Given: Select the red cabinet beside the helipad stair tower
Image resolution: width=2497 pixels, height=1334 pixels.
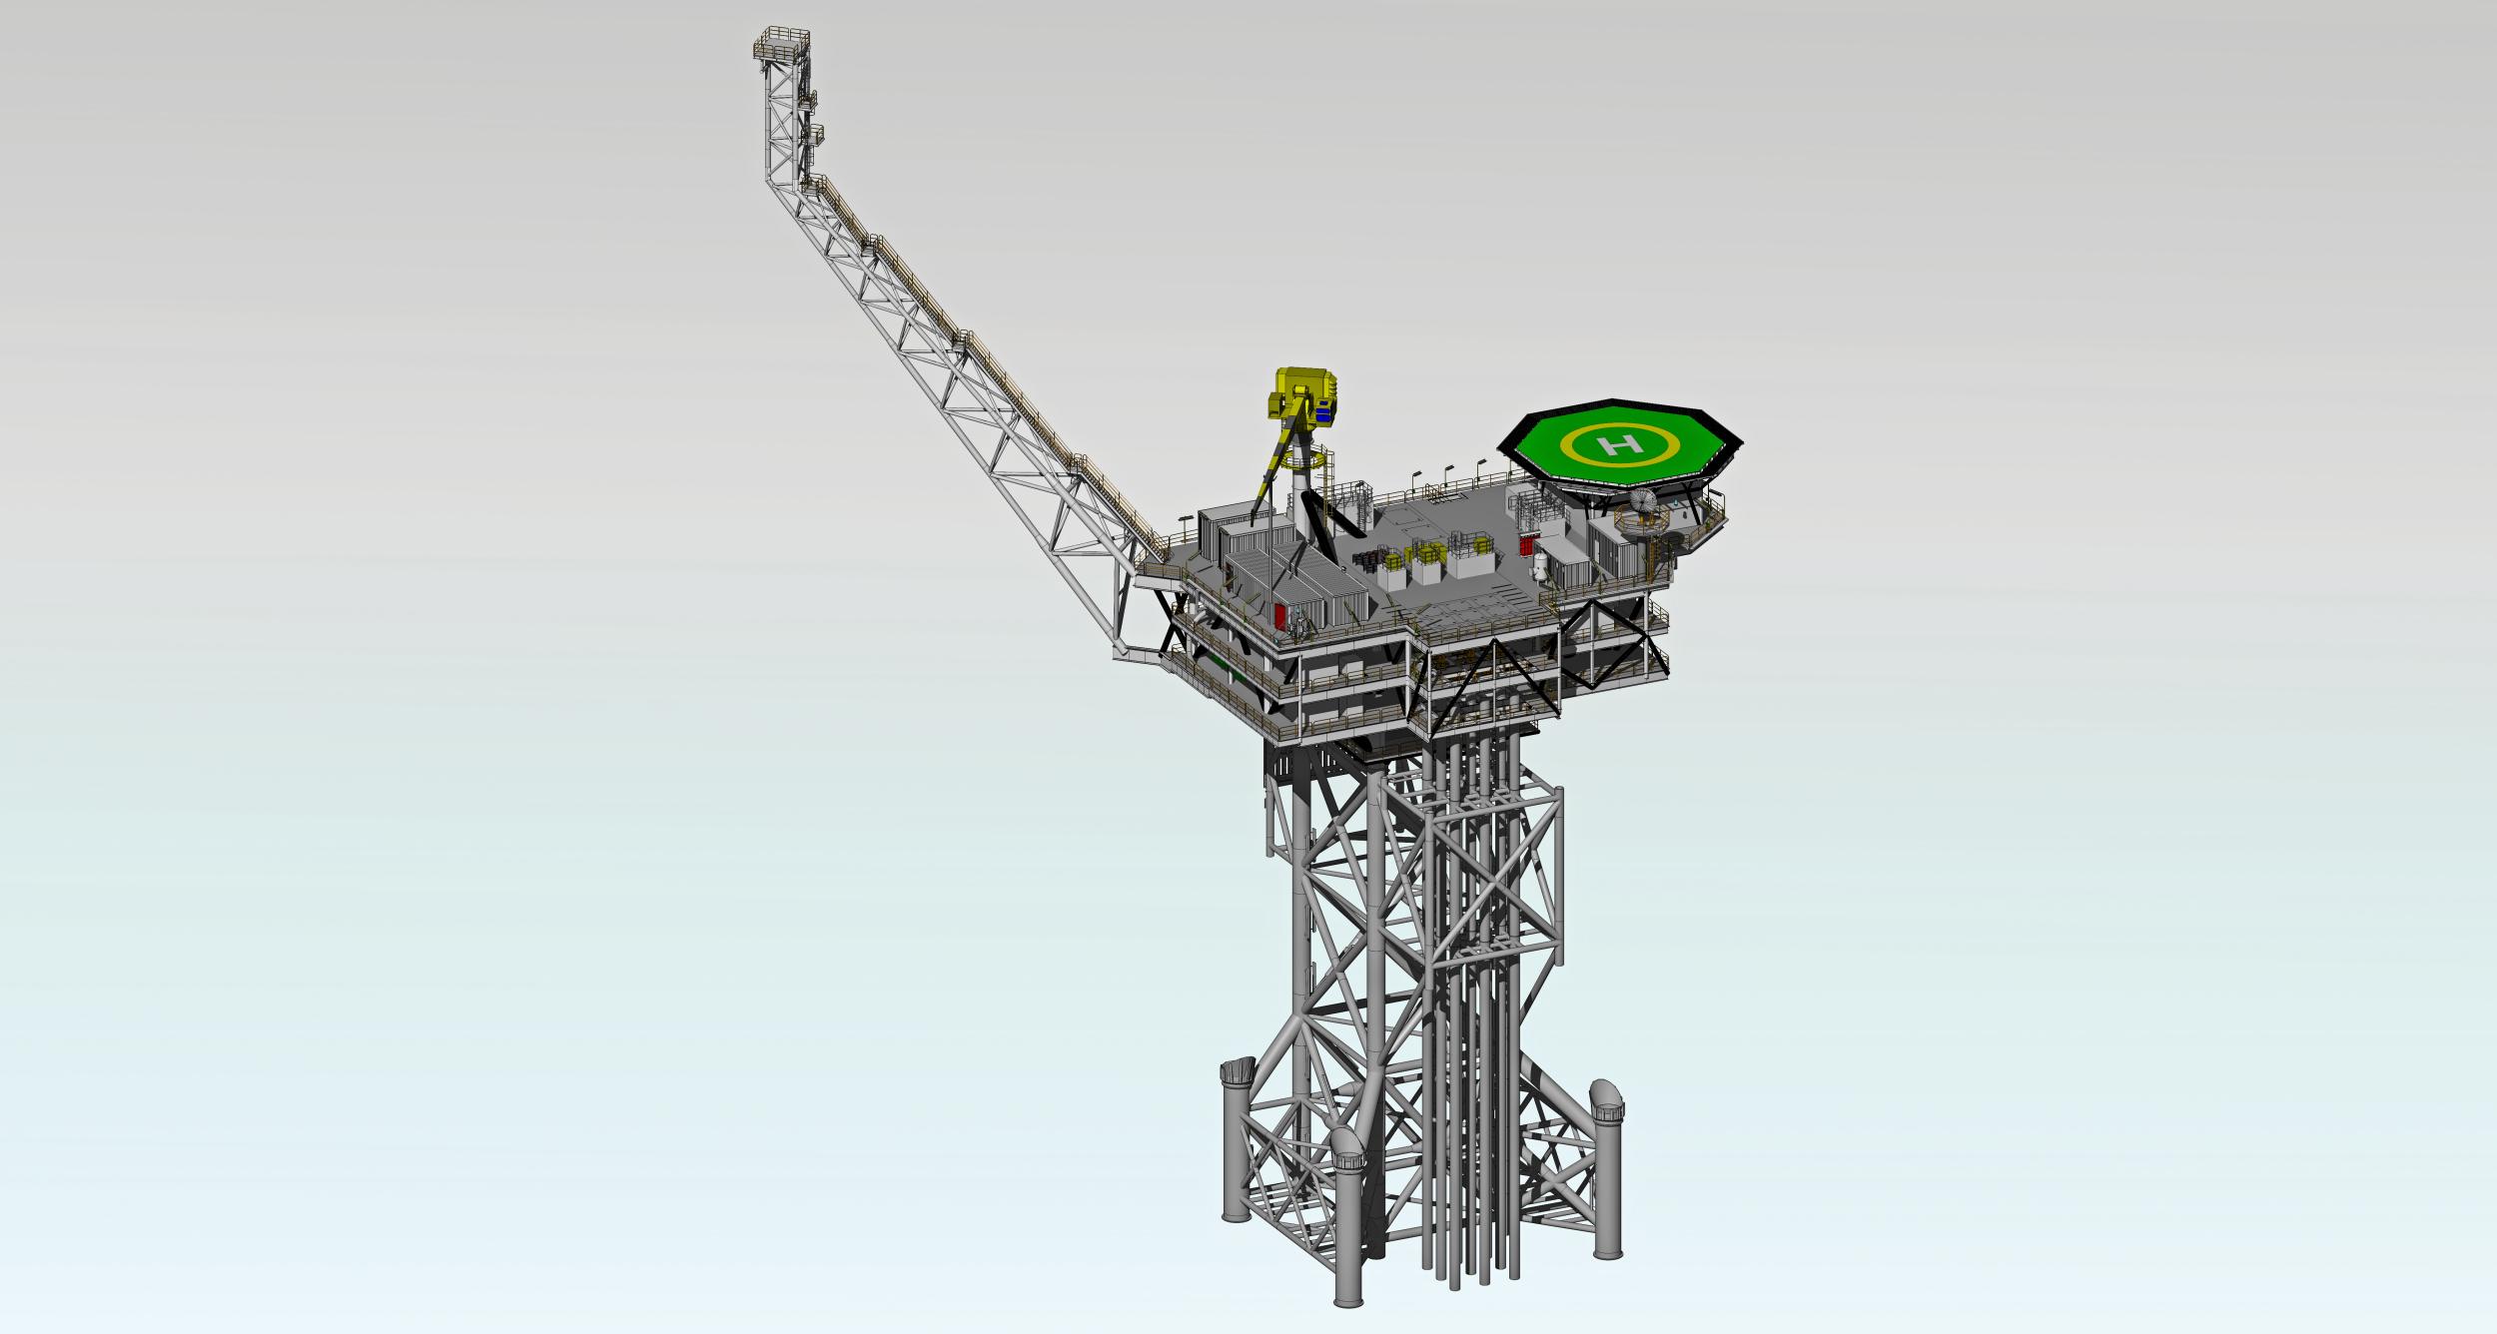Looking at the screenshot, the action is click(x=1527, y=545).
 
